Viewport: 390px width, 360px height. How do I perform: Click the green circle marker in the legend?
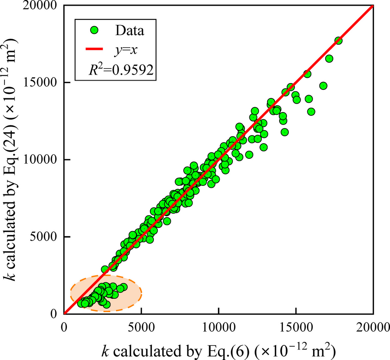[94, 30]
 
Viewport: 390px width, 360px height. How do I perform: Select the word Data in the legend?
[130, 30]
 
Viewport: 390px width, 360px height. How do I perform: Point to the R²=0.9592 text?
[120, 69]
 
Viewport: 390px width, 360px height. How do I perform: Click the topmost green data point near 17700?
[338, 41]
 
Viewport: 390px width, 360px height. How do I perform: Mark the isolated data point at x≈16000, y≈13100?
[311, 112]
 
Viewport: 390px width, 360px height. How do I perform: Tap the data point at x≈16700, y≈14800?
[323, 85]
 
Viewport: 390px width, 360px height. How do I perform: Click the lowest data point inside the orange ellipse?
[106, 305]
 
